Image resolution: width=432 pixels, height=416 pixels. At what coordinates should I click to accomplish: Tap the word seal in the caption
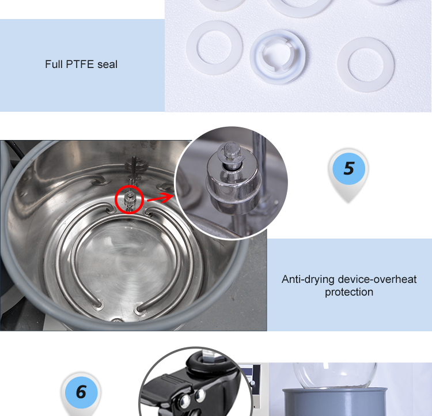tap(108, 64)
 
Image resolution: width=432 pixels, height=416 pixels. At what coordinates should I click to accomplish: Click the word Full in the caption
tap(54, 64)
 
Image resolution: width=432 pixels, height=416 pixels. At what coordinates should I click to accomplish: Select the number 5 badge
tap(348, 169)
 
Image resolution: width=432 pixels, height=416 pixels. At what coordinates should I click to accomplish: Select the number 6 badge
tap(81, 392)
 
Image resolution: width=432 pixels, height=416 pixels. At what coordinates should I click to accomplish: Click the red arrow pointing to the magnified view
tap(160, 198)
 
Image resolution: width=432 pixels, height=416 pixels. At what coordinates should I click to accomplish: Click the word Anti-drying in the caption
tap(308, 279)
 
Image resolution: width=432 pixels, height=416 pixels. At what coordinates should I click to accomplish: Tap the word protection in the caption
tap(349, 292)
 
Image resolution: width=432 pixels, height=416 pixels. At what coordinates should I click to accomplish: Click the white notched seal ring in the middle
tap(278, 56)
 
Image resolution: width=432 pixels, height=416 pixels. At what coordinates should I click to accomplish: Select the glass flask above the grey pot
tap(335, 375)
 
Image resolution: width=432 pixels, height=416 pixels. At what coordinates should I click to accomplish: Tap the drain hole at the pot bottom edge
tap(117, 320)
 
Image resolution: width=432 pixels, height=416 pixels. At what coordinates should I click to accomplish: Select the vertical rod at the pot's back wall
tap(134, 168)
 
